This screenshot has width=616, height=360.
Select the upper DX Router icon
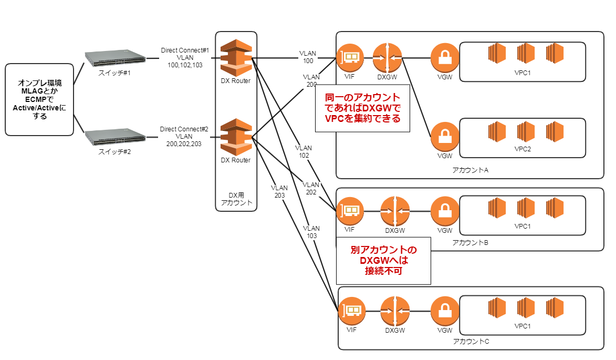[x=235, y=57]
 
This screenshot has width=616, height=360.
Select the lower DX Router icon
[x=235, y=137]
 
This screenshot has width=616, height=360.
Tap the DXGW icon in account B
[x=394, y=211]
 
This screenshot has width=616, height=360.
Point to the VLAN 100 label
[x=308, y=57]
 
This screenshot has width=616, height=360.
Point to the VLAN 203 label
[x=279, y=191]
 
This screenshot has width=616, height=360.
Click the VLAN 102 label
[x=304, y=151]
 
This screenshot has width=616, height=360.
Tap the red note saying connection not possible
[x=384, y=260]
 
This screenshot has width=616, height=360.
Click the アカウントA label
[x=470, y=170]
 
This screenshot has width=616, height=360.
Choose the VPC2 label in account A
[x=522, y=149]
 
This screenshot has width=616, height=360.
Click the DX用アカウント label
[x=236, y=198]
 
